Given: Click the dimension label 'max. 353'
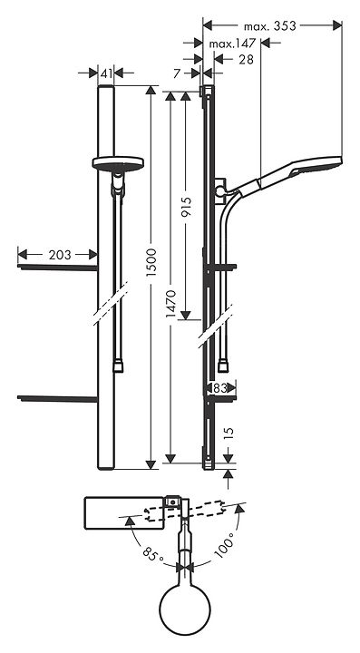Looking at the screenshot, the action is coord(269,25).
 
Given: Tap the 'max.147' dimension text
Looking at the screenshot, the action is coord(232,44).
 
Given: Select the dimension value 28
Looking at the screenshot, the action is coord(246,60).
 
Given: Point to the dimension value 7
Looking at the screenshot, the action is coord(178,73).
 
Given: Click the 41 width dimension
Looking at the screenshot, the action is coord(106,73).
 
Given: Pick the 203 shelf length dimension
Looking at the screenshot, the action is coord(60,255).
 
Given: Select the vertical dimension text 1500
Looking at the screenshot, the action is coord(151,264).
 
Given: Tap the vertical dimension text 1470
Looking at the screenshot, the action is coord(171,304).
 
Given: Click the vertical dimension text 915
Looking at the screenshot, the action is coord(187,207).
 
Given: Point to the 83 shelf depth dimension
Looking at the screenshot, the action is coord(219,388).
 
